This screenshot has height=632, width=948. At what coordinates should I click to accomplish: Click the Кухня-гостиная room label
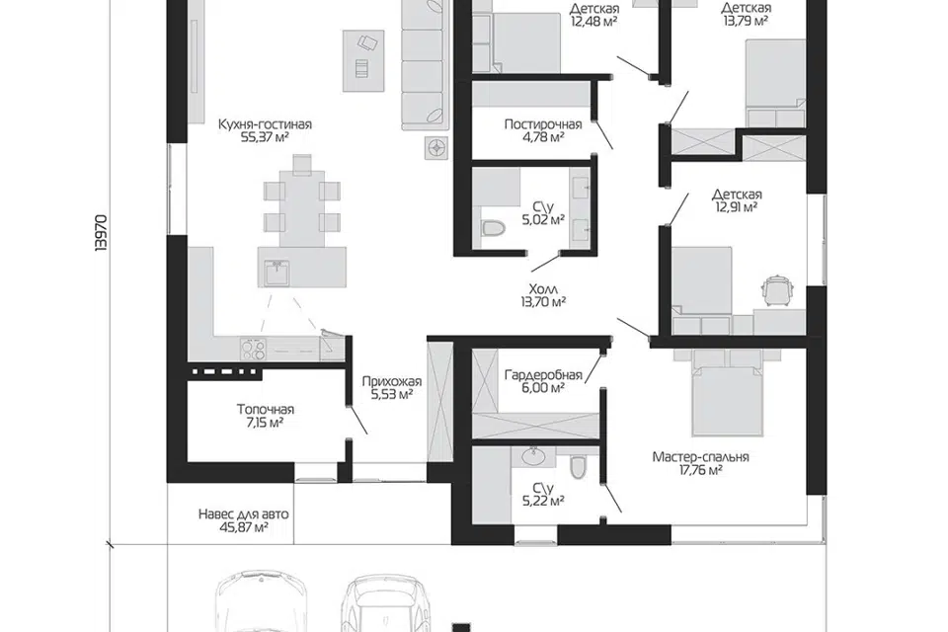265,124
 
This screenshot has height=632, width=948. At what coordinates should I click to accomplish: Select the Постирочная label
543,124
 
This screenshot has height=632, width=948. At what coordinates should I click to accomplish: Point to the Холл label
543,288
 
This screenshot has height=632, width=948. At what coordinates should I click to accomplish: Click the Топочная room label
265,410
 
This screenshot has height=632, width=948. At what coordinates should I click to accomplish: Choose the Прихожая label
392,381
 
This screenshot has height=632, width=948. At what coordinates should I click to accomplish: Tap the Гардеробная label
543,375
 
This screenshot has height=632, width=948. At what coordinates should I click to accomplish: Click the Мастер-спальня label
700,457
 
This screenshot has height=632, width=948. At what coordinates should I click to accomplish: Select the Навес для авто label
244,514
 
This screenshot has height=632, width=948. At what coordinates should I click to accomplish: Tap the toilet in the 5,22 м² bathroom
579,466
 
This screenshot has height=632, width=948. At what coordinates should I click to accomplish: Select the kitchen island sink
277,273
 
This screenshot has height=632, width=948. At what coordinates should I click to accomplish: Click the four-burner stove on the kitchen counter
254,349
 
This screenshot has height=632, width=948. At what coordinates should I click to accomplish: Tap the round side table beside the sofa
435,147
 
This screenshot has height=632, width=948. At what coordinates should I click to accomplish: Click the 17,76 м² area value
700,470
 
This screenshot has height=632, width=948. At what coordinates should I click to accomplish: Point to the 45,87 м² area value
244,527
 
